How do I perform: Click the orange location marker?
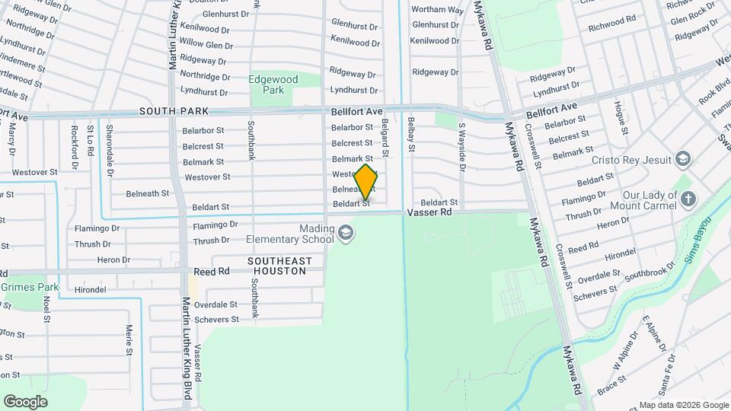365,182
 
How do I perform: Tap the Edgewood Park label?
267,84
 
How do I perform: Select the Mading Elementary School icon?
346,232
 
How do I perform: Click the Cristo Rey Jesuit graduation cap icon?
683,159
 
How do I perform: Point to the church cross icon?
688,199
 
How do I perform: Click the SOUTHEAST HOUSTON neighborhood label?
280,266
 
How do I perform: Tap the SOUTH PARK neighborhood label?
175,111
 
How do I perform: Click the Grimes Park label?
30,288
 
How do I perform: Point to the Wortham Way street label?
437,10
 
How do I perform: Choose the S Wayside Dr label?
461,145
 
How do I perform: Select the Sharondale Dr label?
110,142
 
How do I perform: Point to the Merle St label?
129,339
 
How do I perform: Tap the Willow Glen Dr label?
206,45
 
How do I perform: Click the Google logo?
25,401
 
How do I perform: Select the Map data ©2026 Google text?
683,405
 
